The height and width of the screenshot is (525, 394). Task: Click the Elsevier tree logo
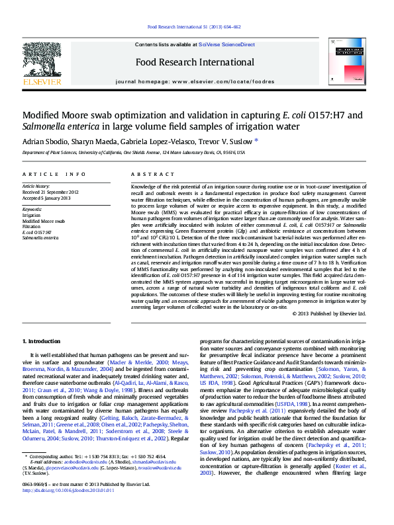coord(42,60)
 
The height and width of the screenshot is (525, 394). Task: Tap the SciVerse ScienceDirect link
coord(231,44)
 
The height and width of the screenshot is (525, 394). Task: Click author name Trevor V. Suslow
coord(221,141)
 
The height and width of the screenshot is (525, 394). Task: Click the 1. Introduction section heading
coord(42,341)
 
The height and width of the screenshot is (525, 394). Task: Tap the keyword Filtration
coord(31,226)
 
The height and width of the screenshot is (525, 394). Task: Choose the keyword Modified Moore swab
coord(44,221)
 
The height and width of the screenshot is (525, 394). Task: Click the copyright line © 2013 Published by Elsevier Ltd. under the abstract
coord(328,313)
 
